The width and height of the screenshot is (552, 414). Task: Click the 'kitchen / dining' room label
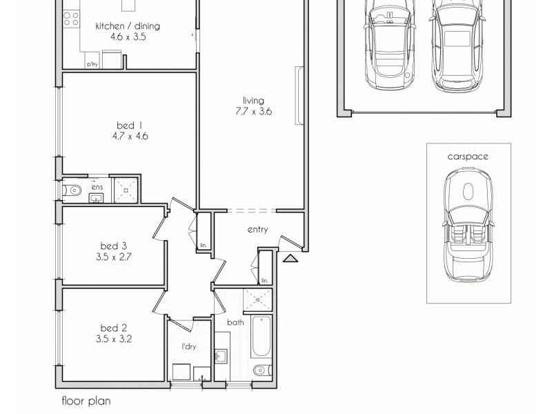coord(128,26)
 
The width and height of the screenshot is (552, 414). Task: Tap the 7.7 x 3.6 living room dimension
coord(253,111)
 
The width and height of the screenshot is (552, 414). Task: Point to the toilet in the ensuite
coord(74,190)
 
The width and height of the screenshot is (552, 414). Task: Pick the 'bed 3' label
coord(114,245)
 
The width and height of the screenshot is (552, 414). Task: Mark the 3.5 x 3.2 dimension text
coord(114,339)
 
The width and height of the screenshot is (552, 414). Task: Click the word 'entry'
coord(257,230)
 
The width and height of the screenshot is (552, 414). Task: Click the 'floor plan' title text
coord(86,400)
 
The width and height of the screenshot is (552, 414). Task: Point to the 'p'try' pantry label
coord(92,64)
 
